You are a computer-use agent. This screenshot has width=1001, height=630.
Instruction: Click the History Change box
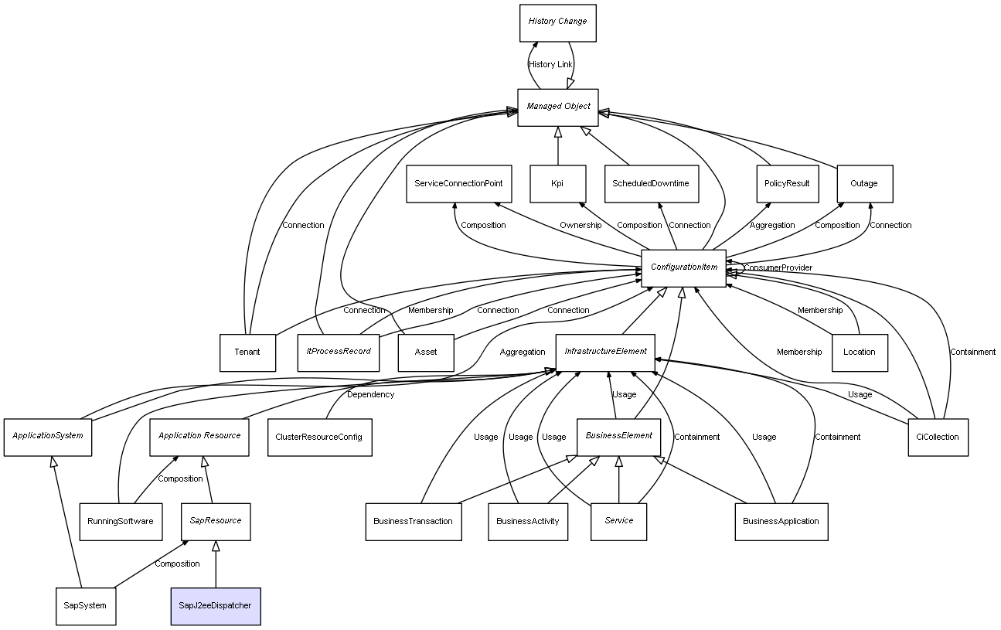558,23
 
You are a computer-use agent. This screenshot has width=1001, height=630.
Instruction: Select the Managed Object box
558,107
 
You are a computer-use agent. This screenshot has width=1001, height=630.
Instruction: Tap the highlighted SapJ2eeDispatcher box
216,606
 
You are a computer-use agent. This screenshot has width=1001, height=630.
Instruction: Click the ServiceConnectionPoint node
459,184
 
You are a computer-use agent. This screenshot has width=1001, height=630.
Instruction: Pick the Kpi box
558,184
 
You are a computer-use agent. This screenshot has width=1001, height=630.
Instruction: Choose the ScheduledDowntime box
652,184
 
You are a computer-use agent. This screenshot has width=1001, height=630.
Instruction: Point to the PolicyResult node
788,184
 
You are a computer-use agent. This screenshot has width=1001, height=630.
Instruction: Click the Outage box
865,184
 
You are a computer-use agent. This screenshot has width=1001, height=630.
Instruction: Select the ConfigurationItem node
684,268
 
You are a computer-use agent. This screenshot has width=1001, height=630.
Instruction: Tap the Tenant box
247,353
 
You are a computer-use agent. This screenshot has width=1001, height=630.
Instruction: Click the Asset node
426,353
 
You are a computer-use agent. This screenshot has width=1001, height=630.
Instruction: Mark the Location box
860,353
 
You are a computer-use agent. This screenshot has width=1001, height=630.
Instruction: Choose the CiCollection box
938,438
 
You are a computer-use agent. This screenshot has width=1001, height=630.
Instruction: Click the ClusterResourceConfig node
320,438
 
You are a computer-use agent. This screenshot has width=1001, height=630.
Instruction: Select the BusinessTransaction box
414,522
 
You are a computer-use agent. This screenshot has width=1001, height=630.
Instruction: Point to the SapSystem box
86,606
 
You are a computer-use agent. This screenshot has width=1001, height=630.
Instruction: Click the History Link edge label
550,64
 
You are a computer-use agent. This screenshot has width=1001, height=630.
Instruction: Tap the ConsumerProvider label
778,267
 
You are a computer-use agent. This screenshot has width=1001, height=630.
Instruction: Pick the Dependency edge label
370,394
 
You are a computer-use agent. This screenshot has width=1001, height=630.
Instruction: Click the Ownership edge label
581,225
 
